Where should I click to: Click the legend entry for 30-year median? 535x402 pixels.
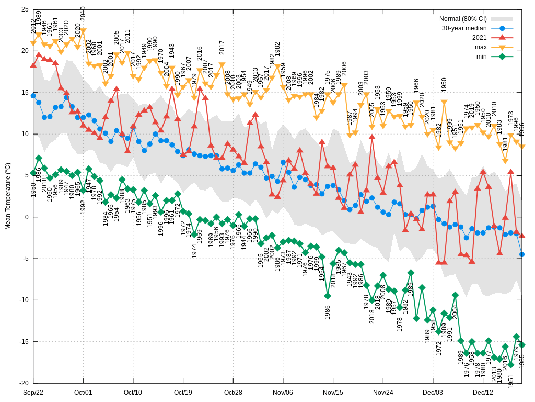464,28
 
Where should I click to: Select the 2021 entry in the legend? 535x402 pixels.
479,38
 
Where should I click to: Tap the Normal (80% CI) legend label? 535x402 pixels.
462,19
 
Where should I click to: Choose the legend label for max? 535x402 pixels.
480,47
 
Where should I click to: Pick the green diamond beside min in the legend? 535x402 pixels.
502,57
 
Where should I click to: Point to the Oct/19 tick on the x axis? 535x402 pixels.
183,392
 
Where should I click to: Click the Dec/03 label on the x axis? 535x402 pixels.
433,392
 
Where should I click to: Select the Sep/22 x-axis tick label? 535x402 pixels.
33,392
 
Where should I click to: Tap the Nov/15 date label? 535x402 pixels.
333,392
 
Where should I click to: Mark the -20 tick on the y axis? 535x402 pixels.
25,383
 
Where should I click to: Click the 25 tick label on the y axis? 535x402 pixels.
25,9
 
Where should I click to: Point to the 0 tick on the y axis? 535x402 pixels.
27,217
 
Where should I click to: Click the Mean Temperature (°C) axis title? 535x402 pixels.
8,196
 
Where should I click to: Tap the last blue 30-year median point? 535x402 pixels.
522,254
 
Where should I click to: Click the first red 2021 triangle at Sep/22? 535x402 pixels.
33,65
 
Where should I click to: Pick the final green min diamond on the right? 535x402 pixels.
522,344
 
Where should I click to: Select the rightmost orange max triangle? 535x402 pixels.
522,147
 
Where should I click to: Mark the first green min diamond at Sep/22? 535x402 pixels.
33,173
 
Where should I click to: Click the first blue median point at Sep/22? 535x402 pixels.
33,96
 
